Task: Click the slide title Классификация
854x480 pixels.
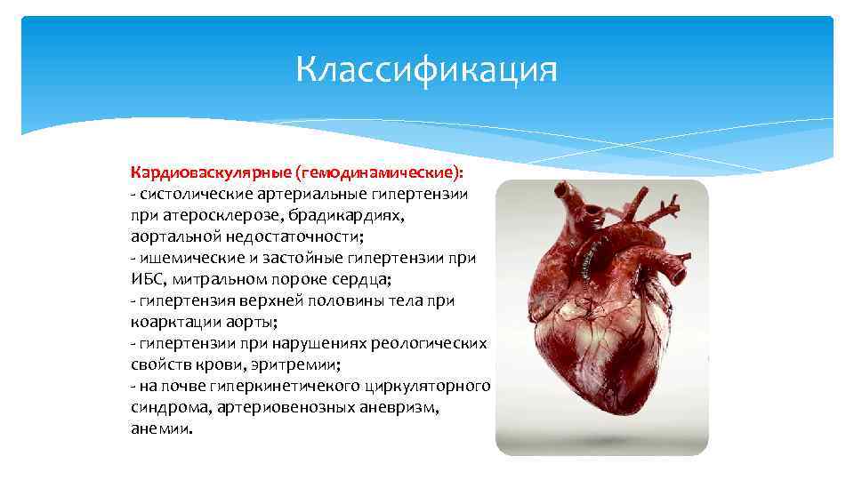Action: pyautogui.click(x=427, y=70)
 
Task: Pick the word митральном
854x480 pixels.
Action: pyautogui.click(x=209, y=279)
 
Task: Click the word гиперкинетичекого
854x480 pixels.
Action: pyautogui.click(x=284, y=386)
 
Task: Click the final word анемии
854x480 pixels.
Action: pyautogui.click(x=159, y=428)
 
